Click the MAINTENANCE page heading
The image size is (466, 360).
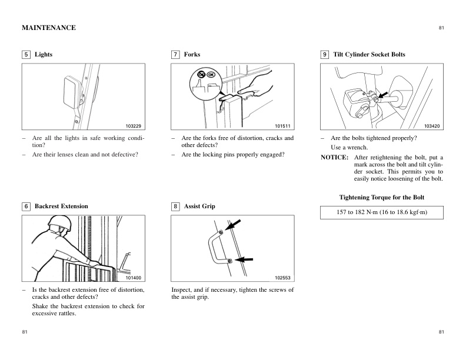click(x=48, y=28)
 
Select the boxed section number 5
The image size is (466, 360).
click(x=26, y=55)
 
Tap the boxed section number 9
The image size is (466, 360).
click(x=324, y=55)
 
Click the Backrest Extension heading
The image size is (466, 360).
click(x=61, y=206)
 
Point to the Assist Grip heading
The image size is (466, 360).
click(x=199, y=206)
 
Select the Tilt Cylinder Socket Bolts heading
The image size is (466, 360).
click(x=369, y=55)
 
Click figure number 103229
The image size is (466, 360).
click(x=135, y=126)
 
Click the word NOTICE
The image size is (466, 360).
click(x=334, y=158)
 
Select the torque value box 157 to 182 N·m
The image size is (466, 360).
click(x=382, y=212)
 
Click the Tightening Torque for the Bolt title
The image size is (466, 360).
click(x=382, y=197)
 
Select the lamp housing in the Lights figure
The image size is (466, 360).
click(x=70, y=94)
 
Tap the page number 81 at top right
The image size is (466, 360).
click(x=441, y=28)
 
